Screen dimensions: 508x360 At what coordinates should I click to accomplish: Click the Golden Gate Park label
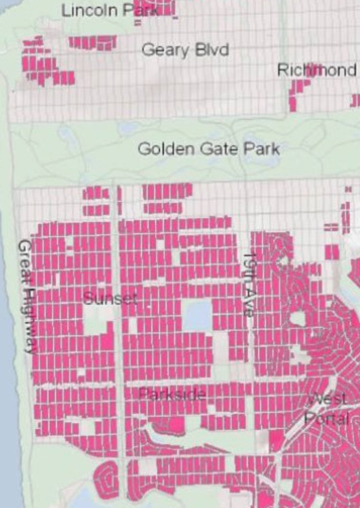209,149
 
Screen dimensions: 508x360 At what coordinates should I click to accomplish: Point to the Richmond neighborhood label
316,70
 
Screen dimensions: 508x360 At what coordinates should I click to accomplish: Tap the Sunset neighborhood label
110,299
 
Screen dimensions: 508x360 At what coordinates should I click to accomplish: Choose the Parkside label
173,395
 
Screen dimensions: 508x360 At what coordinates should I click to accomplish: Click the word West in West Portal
327,399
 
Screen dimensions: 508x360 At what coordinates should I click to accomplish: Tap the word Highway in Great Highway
29,321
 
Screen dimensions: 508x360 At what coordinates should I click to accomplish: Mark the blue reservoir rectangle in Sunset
198,315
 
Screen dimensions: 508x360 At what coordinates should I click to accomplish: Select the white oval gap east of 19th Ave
298,318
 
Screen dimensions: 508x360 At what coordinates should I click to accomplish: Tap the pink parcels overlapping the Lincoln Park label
148,9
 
